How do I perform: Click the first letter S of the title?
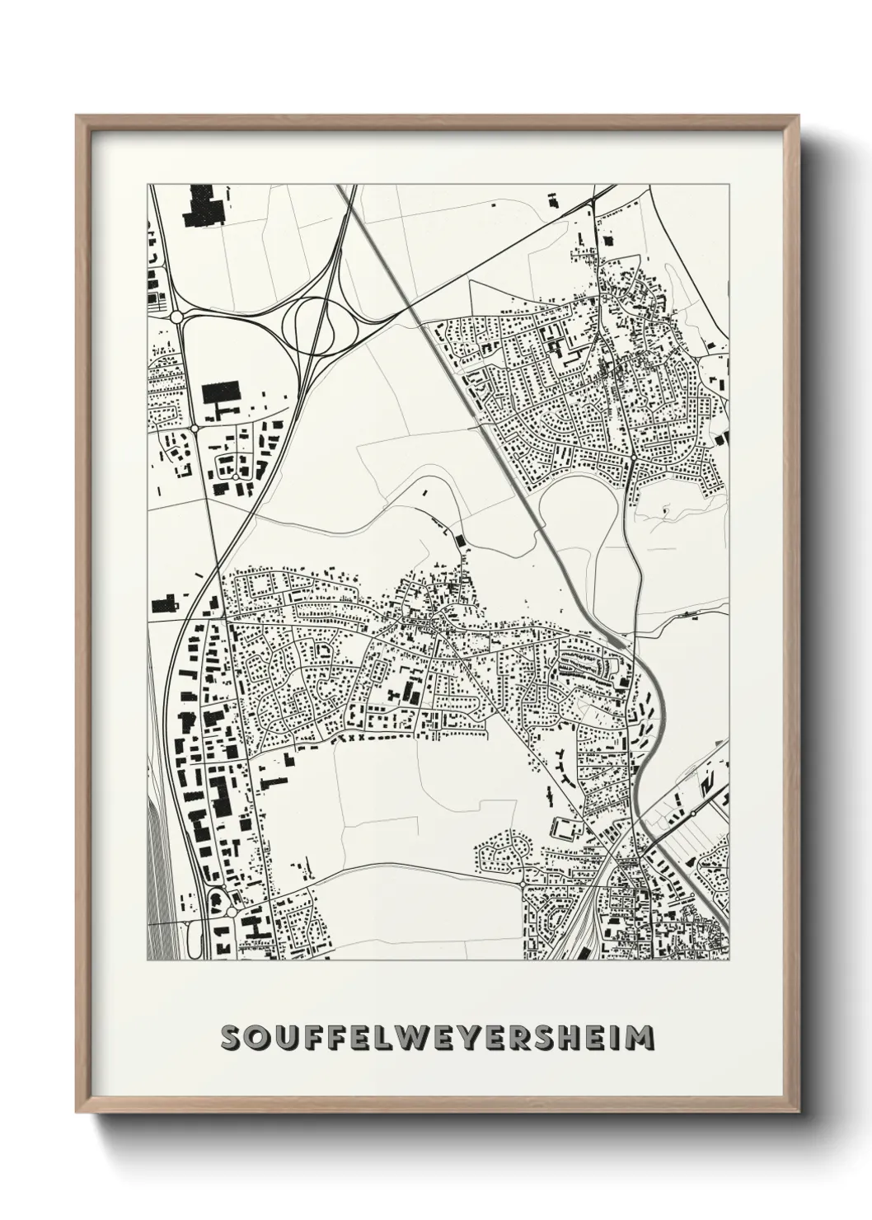[233, 1038]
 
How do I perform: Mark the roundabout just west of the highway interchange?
[176, 317]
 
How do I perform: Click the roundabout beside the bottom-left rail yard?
[231, 913]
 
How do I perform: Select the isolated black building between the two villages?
[459, 542]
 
